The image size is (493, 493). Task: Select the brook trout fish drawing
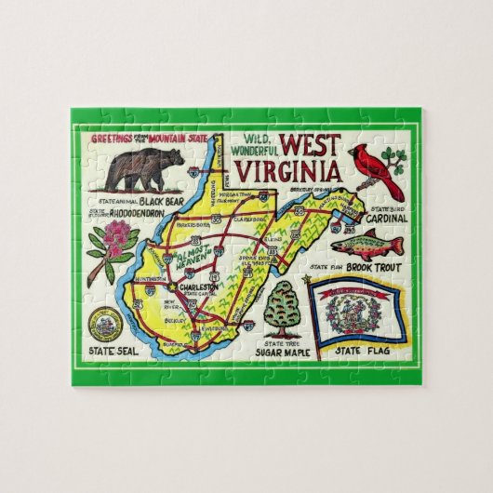click(371, 246)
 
